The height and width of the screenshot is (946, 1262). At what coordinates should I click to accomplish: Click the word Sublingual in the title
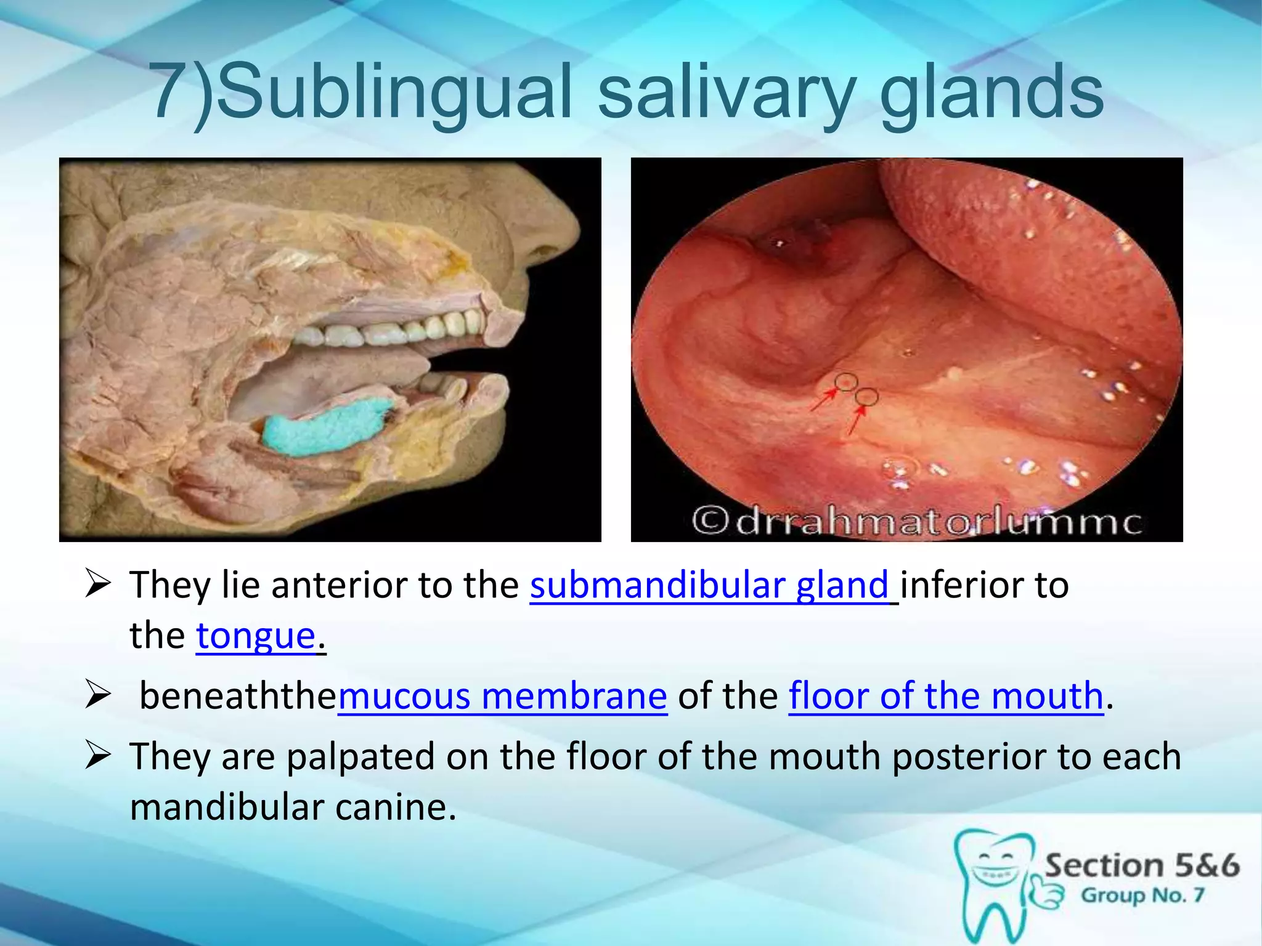click(x=394, y=92)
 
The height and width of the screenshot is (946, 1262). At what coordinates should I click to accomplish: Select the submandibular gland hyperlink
click(x=709, y=585)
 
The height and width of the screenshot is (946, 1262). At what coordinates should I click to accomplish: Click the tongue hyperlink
click(x=256, y=636)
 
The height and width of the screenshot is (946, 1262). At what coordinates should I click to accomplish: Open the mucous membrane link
click(x=502, y=696)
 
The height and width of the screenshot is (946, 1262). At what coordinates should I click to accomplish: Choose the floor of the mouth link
click(x=946, y=696)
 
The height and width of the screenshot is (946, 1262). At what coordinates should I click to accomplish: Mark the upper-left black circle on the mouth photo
click(x=847, y=382)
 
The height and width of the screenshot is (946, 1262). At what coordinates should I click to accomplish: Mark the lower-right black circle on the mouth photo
click(x=866, y=397)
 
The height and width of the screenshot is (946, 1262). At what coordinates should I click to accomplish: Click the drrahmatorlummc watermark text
click(x=918, y=522)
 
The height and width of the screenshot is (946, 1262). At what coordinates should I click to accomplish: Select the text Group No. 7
click(x=1142, y=895)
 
